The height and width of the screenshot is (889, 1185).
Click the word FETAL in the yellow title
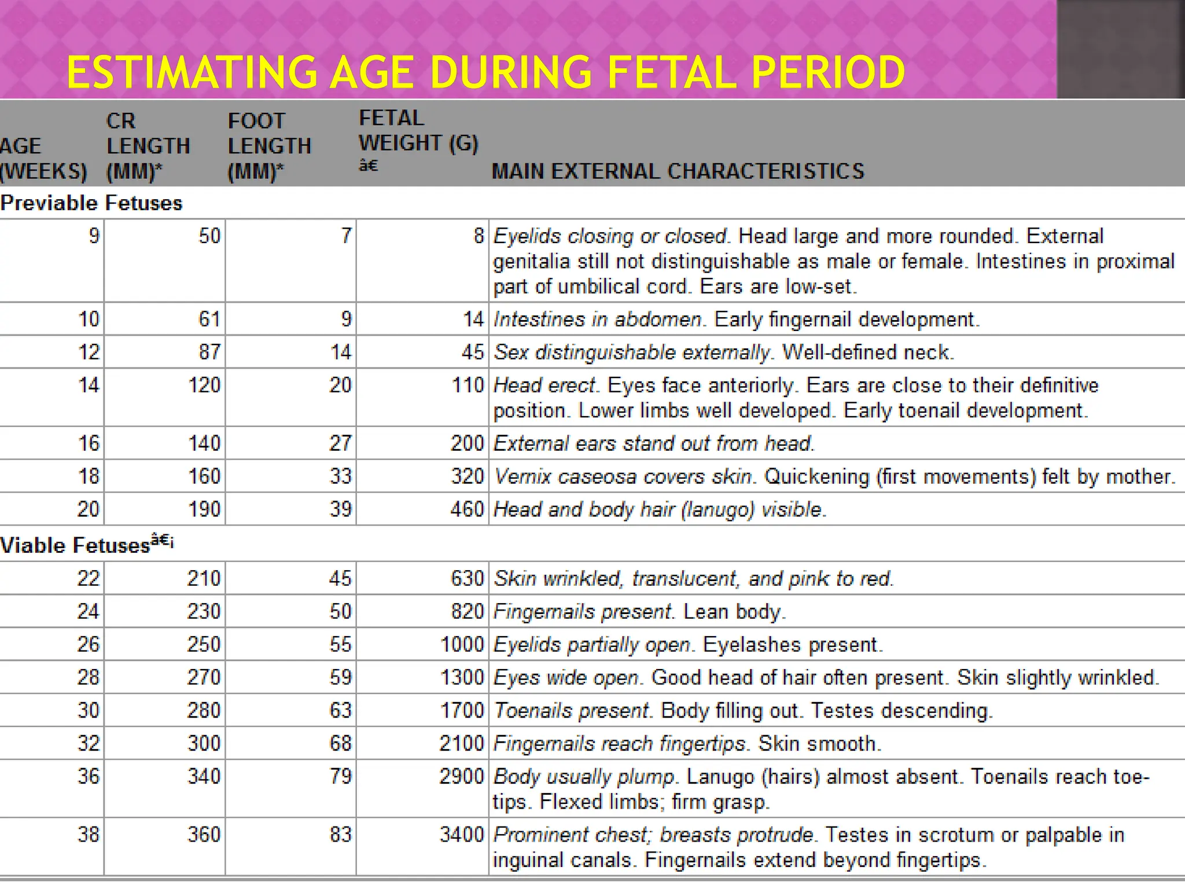click(x=673, y=73)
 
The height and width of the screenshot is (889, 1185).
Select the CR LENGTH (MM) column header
click(x=148, y=146)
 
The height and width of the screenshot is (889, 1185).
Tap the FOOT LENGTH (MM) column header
click(x=269, y=146)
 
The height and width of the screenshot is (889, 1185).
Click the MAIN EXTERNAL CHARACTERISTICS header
click(x=678, y=171)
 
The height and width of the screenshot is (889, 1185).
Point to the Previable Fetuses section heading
click(x=91, y=203)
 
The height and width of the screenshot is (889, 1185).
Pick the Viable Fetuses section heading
click(x=75, y=545)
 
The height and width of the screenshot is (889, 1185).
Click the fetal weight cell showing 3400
click(x=461, y=834)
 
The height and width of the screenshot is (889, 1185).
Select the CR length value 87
click(x=209, y=352)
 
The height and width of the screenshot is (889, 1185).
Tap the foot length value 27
click(x=340, y=443)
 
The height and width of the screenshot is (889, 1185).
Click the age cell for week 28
click(x=89, y=677)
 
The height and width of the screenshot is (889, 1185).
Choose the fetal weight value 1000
click(x=462, y=644)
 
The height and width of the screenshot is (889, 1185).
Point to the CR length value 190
click(x=204, y=509)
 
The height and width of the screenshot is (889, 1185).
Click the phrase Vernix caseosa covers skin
click(x=624, y=476)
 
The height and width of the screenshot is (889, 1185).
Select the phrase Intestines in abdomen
click(x=597, y=319)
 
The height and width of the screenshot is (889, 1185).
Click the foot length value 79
click(x=340, y=776)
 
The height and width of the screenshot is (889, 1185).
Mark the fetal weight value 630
click(x=467, y=578)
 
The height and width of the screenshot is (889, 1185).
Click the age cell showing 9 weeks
click(x=94, y=236)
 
